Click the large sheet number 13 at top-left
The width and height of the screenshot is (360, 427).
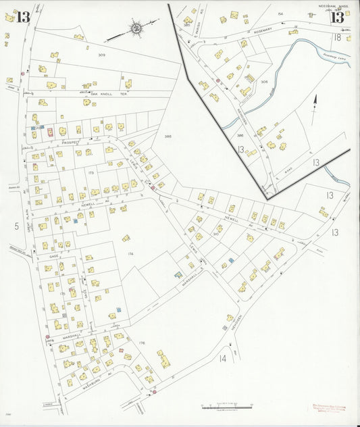click(x=24, y=17)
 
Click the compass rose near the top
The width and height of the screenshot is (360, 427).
click(x=136, y=28)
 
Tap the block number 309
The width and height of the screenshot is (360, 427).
click(x=101, y=55)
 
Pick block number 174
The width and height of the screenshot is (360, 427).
click(x=130, y=253)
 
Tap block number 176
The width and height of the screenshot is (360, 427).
click(x=142, y=343)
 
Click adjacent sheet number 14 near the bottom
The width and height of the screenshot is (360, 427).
click(x=222, y=358)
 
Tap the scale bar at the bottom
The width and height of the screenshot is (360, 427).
click(x=226, y=408)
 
